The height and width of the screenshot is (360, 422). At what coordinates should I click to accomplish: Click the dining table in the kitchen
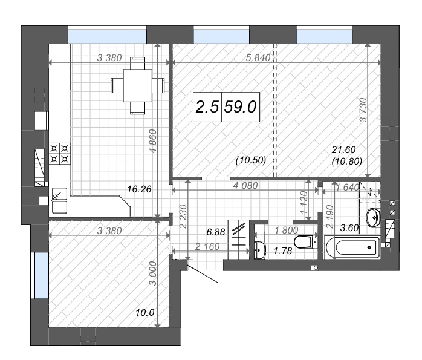click(x=137, y=86)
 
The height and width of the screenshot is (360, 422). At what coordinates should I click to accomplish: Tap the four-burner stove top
click(x=59, y=154)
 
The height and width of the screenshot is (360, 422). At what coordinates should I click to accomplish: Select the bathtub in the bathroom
click(x=352, y=247)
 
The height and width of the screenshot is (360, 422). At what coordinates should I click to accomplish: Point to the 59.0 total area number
click(x=241, y=107)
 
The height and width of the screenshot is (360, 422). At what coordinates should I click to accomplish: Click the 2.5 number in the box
click(x=207, y=107)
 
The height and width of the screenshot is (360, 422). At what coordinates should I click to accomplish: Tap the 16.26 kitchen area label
click(x=139, y=189)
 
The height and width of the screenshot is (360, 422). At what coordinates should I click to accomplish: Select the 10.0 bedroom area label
click(x=144, y=313)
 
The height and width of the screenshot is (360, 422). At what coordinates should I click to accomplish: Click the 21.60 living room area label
click(x=343, y=149)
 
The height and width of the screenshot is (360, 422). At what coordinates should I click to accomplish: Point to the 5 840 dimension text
click(x=258, y=57)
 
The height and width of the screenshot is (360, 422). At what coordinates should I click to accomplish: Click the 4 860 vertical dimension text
click(x=152, y=141)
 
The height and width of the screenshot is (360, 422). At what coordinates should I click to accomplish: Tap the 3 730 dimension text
click(x=363, y=110)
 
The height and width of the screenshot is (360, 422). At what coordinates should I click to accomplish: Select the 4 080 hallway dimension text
click(x=245, y=185)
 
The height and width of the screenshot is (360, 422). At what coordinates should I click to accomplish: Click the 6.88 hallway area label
click(x=216, y=232)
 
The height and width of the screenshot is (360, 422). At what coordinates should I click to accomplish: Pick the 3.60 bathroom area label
click(x=349, y=227)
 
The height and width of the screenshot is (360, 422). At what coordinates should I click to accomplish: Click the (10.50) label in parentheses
click(x=251, y=160)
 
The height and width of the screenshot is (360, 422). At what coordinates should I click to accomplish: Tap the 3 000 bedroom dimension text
click(x=152, y=273)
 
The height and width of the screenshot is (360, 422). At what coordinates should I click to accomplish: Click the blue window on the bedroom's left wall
click(x=42, y=275)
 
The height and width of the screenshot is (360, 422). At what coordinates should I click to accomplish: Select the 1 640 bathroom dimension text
click(x=347, y=187)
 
